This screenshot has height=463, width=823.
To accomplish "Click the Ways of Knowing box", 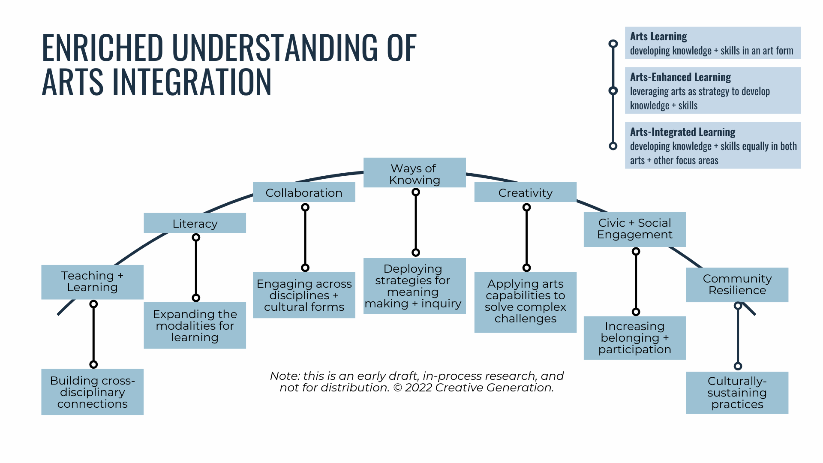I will click(x=415, y=173).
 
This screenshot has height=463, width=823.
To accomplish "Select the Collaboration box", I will click(x=304, y=192).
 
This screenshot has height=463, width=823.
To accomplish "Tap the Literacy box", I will click(x=195, y=223).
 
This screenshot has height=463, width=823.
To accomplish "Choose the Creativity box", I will click(x=525, y=192).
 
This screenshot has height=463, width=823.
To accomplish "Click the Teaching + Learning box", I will click(x=92, y=282).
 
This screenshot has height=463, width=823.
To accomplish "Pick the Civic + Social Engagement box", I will click(x=634, y=229).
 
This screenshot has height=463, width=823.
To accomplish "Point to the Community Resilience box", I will click(x=737, y=285).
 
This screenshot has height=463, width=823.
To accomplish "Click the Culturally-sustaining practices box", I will click(x=737, y=392).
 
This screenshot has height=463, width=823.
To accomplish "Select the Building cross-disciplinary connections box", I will click(x=92, y=392).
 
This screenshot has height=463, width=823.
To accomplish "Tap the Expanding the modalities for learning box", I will click(x=195, y=325).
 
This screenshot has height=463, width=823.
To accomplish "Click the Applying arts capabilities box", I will click(x=525, y=302).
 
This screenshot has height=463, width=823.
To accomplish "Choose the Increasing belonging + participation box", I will click(x=634, y=338).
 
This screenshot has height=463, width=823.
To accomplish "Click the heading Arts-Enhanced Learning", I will click(x=680, y=78).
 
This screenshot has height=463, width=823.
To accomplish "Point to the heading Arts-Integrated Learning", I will click(x=682, y=132).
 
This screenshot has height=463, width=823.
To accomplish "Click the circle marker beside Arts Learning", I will click(x=613, y=44).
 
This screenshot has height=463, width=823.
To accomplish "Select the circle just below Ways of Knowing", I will click(x=416, y=192).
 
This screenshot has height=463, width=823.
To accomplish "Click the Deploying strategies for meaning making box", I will click(x=415, y=286).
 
